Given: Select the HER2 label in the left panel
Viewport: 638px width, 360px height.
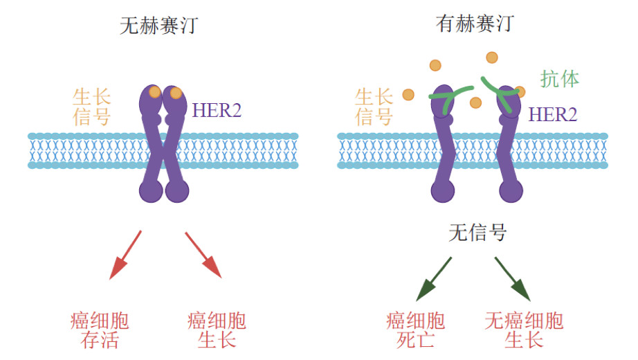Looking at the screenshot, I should pos(217,109).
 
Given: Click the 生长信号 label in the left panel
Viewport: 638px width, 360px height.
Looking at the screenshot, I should pos(91,106).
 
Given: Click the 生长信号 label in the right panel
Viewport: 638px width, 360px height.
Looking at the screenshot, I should pos(374,106).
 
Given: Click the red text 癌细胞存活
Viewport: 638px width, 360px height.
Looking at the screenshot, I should pos(100,330).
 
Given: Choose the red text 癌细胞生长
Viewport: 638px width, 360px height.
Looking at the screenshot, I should pos(217,330).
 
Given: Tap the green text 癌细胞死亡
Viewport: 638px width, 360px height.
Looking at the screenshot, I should pos(415,330).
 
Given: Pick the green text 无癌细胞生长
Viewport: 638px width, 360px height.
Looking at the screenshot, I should pos(524,330).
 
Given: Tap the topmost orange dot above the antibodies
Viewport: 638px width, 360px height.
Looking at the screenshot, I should pos(492,57).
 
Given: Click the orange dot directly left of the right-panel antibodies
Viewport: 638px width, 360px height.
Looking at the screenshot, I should pos(408,94).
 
